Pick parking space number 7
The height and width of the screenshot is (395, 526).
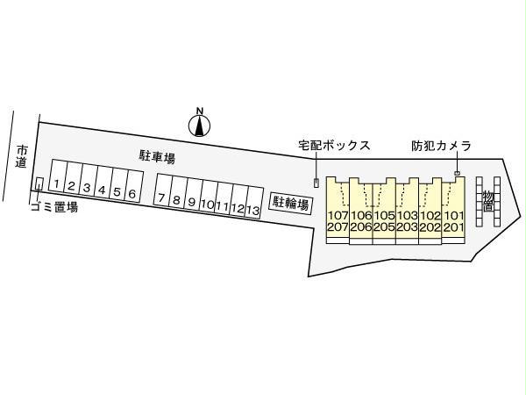(x=162, y=190)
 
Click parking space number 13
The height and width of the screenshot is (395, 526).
(x=254, y=202)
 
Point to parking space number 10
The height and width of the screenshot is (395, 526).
(x=209, y=196)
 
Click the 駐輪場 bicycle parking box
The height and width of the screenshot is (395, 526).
(x=291, y=204)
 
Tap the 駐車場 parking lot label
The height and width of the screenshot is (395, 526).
(x=157, y=157)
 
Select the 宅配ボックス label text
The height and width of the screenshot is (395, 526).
(x=335, y=146)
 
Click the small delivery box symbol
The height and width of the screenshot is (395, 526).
(x=316, y=183)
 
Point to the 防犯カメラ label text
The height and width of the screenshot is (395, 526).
(x=442, y=146)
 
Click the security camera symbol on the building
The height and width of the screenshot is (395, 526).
(x=457, y=173)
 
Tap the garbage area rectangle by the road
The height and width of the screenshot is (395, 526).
(x=39, y=183)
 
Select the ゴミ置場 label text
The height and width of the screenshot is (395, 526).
(x=54, y=206)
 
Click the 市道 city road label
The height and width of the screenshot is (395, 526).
(x=22, y=156)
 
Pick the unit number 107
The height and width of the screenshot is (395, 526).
(x=338, y=215)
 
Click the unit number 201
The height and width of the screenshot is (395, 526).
(x=453, y=227)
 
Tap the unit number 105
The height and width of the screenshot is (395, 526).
(x=384, y=215)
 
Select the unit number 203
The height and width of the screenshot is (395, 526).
(x=408, y=227)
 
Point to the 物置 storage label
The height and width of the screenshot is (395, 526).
(x=488, y=200)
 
